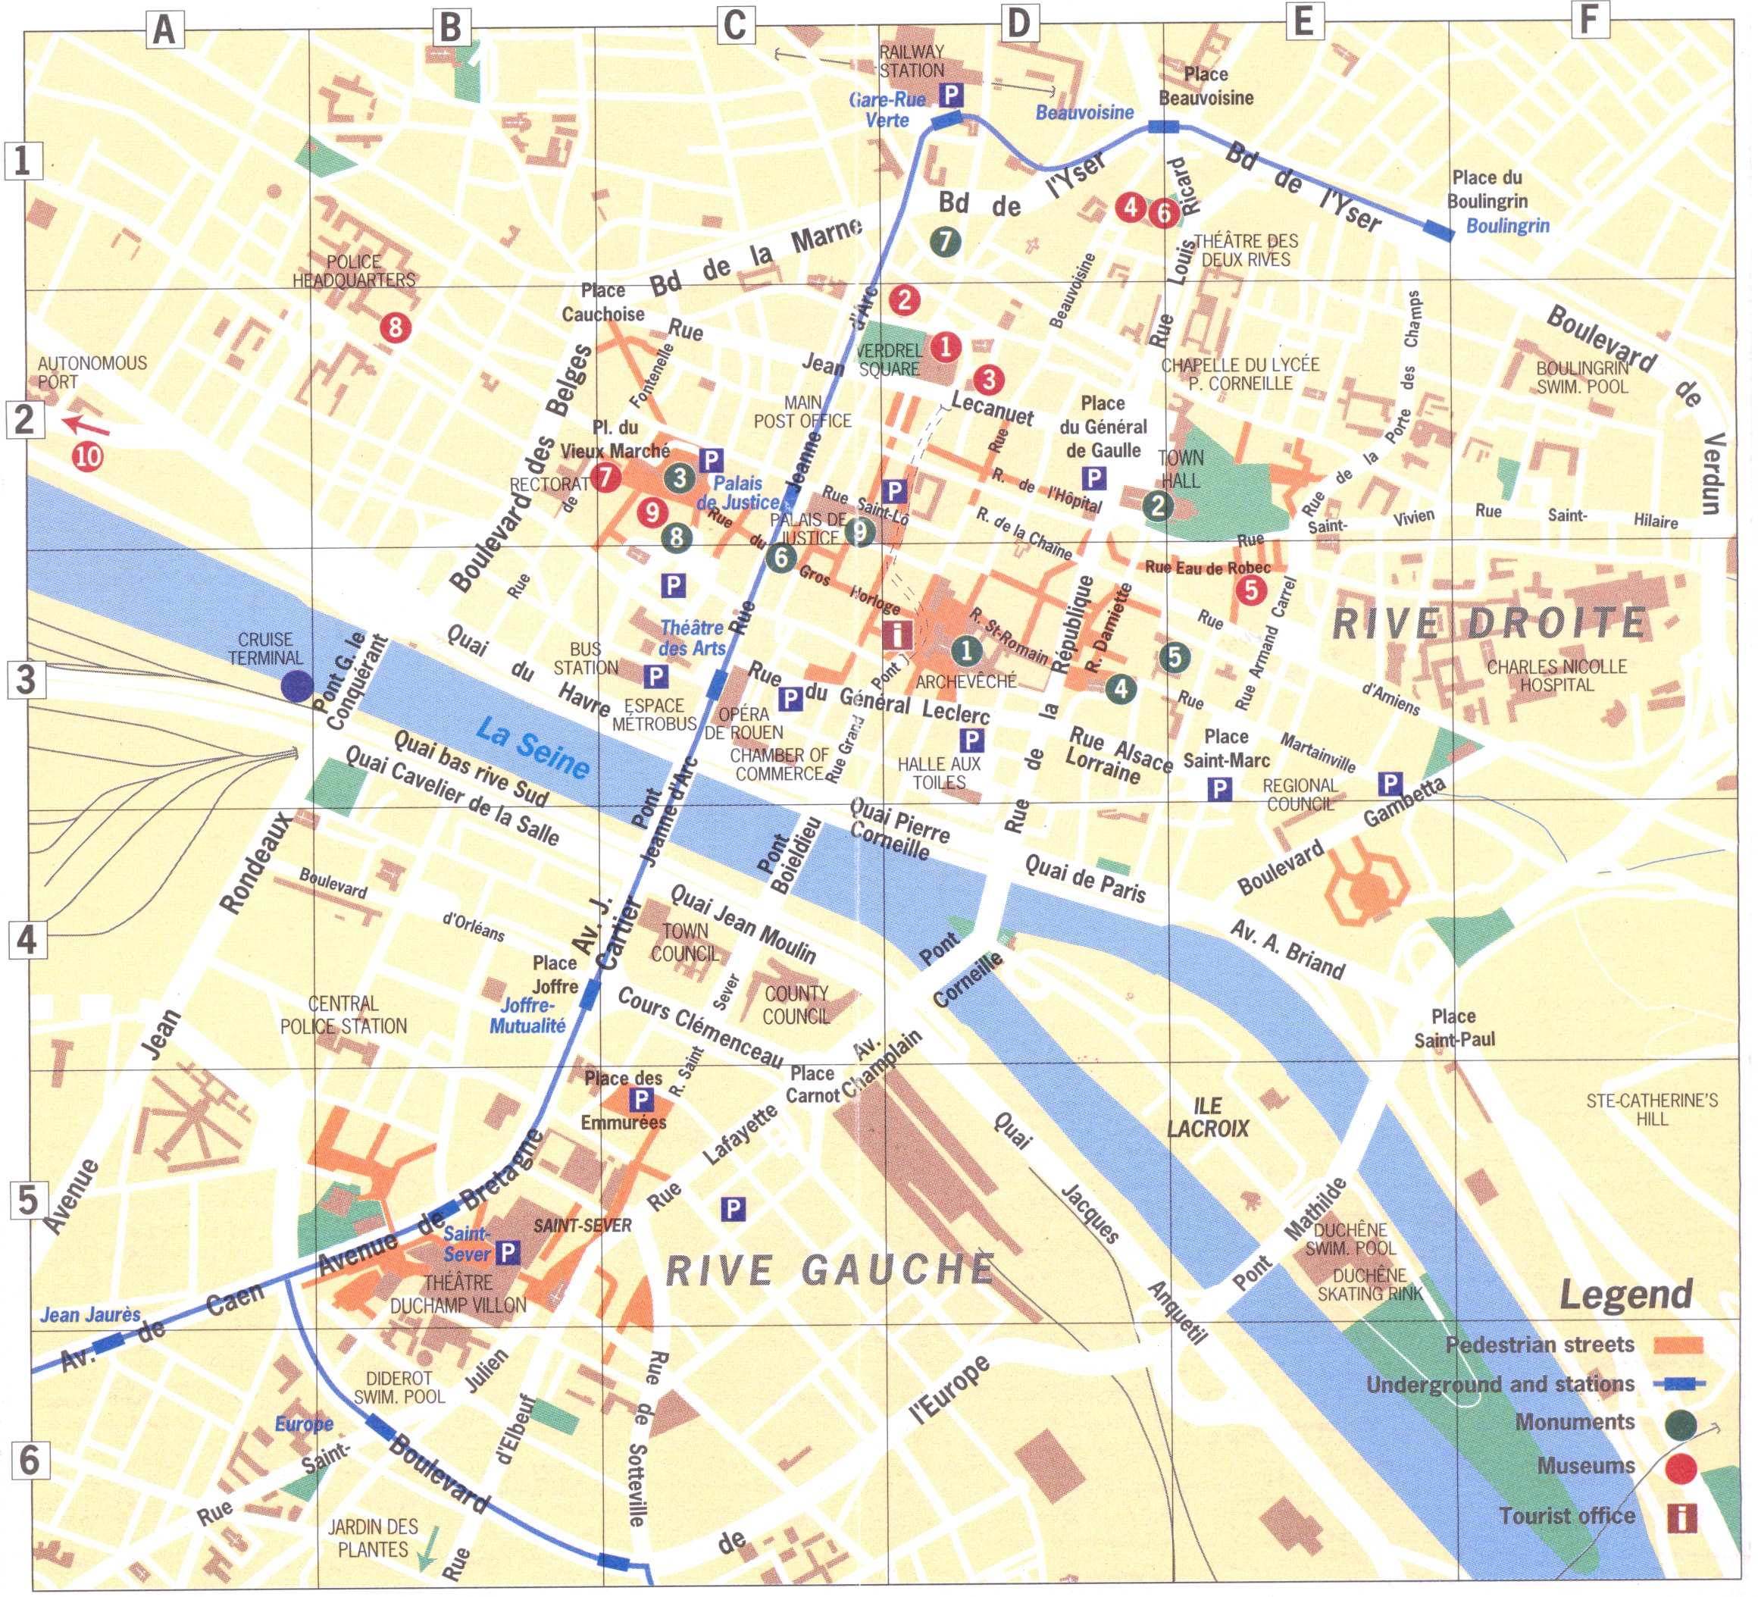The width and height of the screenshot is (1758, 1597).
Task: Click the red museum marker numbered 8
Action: coord(395,327)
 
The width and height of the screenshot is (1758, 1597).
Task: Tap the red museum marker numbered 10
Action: coord(87,456)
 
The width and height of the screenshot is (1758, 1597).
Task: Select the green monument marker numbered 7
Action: coord(945,241)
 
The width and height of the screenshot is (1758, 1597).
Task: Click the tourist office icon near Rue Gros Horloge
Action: coord(897,633)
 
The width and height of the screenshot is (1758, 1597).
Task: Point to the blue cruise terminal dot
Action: coord(296,687)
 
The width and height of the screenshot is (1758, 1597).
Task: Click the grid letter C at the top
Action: coord(735,24)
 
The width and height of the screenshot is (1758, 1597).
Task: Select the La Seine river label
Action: coord(533,747)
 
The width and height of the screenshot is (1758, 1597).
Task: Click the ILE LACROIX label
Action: coord(1208,1117)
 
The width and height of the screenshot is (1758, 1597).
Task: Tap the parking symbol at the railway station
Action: coord(950,94)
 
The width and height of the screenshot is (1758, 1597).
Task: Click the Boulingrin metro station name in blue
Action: coord(1508,226)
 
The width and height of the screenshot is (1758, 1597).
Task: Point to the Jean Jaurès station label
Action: coord(90,1314)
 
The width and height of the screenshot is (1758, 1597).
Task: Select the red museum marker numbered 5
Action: coord(1250,590)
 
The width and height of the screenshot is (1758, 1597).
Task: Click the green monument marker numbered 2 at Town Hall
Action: coord(1157,505)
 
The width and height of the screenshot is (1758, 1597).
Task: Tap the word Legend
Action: coord(1625,1295)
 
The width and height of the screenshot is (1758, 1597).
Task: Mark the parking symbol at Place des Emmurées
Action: coord(641,1099)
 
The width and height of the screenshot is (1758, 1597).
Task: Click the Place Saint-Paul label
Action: coord(1453,1028)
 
